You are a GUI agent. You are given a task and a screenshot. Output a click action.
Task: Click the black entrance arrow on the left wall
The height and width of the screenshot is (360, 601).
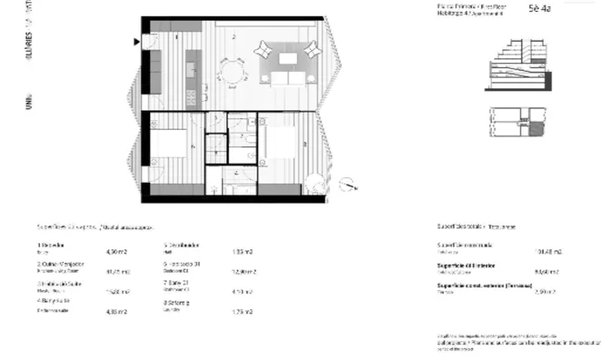[136, 41]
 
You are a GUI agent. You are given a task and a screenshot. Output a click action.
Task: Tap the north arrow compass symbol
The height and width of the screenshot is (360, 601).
[347, 185]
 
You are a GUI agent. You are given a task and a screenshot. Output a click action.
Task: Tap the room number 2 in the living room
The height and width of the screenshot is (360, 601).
[234, 36]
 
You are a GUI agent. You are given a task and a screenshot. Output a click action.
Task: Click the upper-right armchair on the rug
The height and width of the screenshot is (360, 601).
[312, 47]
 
